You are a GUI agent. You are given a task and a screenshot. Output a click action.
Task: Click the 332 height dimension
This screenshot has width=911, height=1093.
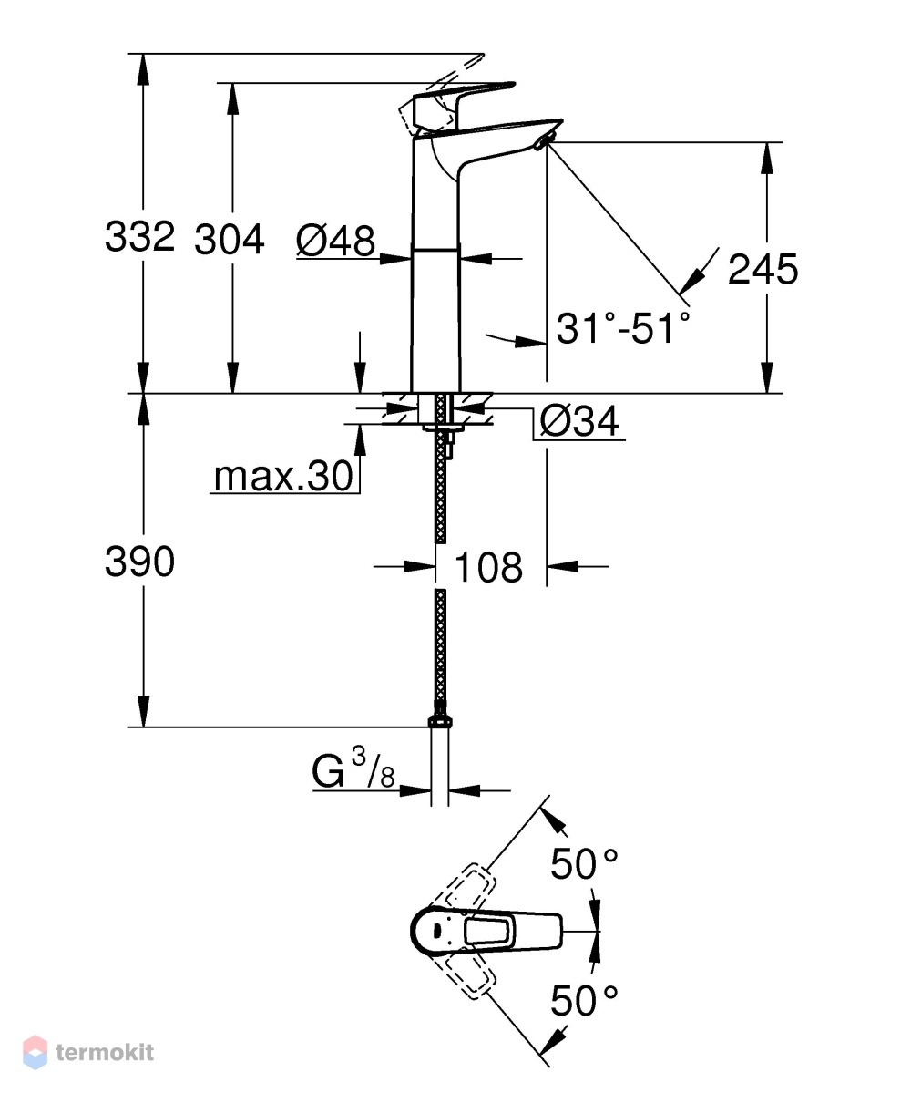tap(139, 236)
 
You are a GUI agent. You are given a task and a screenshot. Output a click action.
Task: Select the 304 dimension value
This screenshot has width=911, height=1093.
tap(230, 240)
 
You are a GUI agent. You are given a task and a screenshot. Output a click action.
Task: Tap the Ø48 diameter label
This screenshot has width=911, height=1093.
tap(336, 241)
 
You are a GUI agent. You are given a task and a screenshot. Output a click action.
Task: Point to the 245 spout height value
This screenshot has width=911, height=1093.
tap(763, 269)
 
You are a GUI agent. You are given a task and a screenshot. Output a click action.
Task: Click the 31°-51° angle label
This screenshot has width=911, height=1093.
tap(623, 327)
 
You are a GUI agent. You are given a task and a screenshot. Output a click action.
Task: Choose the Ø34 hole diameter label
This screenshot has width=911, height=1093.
tap(579, 422)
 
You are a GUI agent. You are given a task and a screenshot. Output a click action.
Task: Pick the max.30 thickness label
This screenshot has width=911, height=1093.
tap(283, 477)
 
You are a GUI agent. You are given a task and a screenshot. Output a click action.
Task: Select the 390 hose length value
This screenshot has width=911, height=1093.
tap(139, 562)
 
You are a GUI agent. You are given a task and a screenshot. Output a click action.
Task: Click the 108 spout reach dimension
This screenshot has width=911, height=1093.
tap(488, 567)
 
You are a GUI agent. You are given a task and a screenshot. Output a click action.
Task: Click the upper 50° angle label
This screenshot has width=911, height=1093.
tap(584, 864)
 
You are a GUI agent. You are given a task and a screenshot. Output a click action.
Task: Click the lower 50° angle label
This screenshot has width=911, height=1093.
tap(584, 1001)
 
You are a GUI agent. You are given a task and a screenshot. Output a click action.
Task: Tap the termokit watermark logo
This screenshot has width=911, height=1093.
tap(88, 1052)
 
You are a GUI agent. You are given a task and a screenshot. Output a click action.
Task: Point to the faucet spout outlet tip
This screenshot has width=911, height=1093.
tap(542, 143)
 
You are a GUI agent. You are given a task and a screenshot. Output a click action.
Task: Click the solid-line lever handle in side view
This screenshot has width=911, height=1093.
tap(463, 106)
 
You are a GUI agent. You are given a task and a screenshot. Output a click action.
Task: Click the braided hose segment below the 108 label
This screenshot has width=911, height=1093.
tap(439, 647)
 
